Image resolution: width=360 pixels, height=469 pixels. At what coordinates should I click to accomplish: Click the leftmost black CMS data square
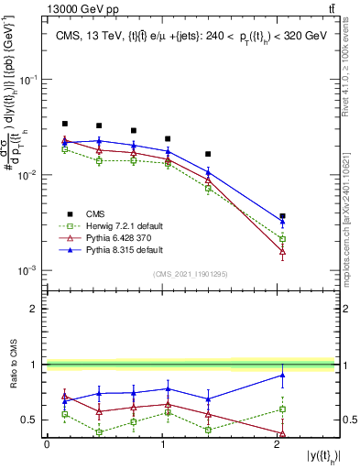point(64,124)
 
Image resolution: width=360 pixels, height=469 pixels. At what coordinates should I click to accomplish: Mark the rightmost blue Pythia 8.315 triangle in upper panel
point(282,222)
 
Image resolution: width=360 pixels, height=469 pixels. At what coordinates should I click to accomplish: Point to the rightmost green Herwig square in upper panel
point(282,239)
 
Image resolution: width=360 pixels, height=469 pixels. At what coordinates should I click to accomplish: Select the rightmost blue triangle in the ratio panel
point(282,375)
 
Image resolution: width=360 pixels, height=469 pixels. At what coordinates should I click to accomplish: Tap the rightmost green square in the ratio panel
point(282,409)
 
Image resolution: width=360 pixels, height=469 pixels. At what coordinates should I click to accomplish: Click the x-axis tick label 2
point(277,444)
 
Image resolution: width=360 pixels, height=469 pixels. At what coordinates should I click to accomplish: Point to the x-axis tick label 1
point(161,444)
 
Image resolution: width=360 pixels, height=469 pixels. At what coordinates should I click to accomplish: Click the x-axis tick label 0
point(47,444)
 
